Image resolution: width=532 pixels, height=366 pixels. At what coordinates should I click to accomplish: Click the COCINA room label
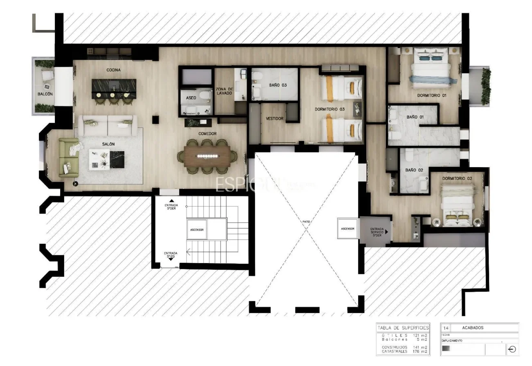pos(113,70)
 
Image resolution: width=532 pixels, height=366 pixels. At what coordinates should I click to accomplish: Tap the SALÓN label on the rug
pos(108,144)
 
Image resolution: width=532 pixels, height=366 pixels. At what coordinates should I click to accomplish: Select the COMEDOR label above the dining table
pos(207,134)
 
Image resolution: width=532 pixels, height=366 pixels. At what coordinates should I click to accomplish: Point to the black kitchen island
pos(114,86)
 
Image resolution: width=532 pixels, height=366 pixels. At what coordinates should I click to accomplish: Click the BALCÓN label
pos(45,94)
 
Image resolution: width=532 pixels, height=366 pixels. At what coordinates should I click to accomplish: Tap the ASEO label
pos(191,98)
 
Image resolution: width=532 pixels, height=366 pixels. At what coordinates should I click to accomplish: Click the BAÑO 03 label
pos(278,85)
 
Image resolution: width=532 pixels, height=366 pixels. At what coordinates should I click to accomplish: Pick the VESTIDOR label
pos(275,118)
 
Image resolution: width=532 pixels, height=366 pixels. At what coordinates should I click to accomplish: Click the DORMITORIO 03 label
pos(330,109)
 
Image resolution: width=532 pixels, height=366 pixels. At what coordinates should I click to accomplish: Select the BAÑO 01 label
pos(415,117)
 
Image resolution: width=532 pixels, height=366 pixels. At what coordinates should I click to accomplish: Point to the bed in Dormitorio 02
pos(458,205)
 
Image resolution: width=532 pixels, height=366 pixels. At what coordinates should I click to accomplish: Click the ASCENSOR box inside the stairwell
pos(197,230)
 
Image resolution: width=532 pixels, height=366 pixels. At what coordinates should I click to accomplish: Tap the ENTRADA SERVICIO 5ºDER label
pos(376,232)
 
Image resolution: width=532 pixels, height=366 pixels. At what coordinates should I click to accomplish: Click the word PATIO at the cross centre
pos(306,222)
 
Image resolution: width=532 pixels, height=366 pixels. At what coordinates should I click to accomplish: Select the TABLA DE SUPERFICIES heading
pos(403,327)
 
